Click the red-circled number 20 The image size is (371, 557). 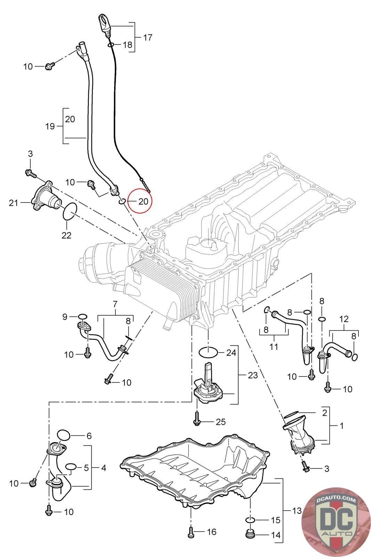tap(143, 201)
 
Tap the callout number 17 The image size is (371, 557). tap(148, 37)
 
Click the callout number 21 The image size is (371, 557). tap(14, 202)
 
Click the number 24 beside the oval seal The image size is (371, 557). tap(231, 353)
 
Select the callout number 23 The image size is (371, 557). tap(253, 375)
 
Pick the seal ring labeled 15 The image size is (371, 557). tap(251, 520)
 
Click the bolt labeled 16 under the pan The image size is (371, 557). tap(190, 531)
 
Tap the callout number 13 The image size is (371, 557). tap(297, 511)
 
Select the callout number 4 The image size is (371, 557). tap(103, 468)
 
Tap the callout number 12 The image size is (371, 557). tap(344, 319)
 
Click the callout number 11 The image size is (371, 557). tap(274, 347)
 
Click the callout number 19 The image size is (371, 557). tap(50, 126)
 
